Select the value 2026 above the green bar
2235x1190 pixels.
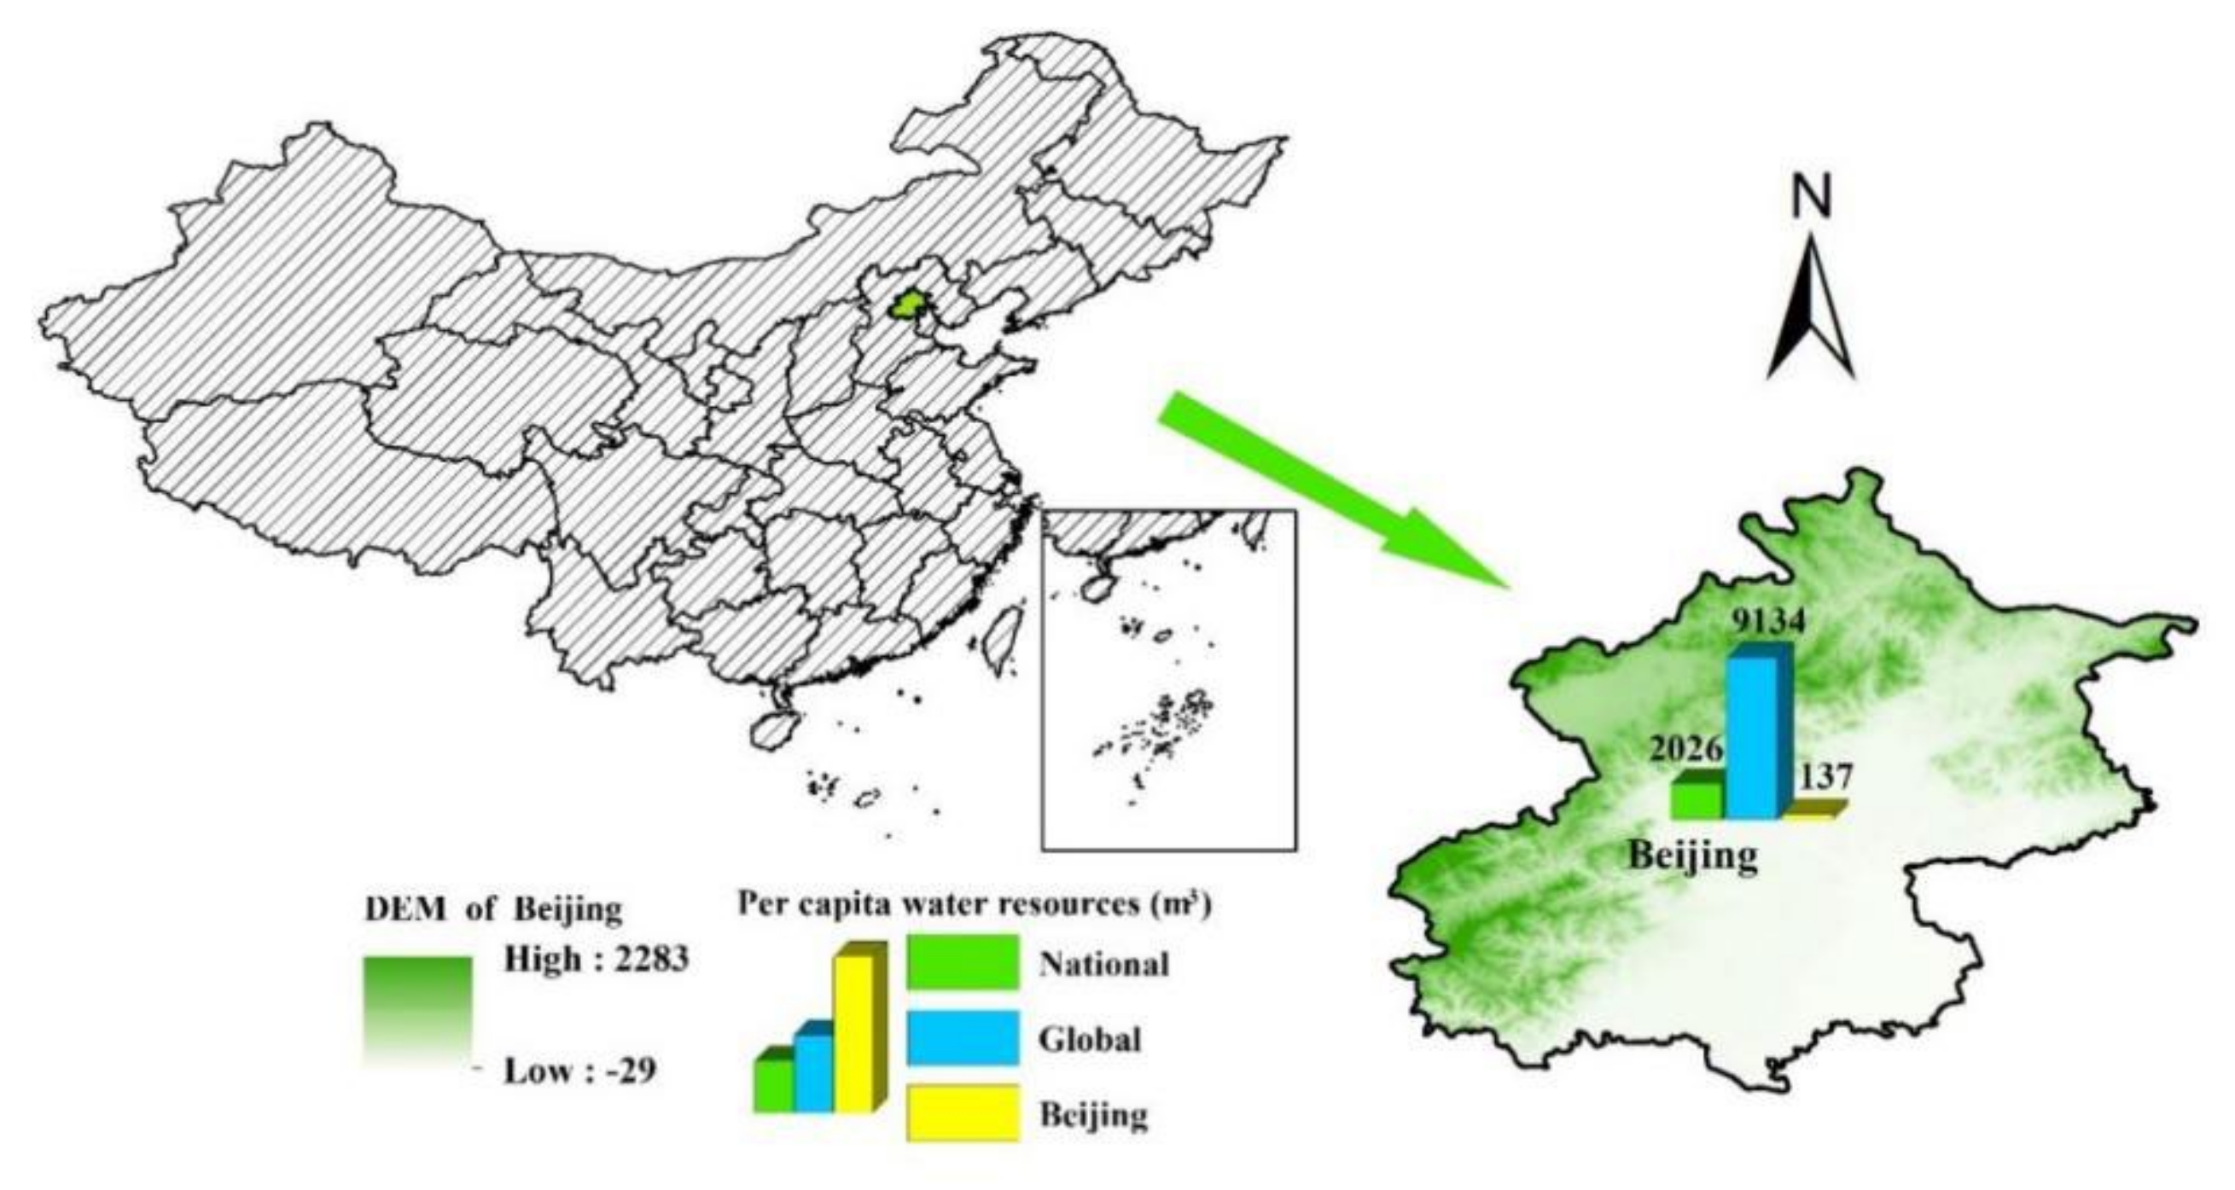(1685, 749)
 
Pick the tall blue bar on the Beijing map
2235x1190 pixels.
(1754, 737)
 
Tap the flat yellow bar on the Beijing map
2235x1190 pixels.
(1812, 810)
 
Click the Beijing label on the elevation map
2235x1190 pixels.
(1692, 856)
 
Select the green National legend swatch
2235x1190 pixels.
(963, 962)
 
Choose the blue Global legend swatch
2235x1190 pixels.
(963, 1037)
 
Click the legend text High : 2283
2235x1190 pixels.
(596, 960)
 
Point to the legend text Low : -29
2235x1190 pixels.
(579, 1071)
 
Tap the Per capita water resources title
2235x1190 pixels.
(974, 903)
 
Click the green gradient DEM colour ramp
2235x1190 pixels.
(418, 1020)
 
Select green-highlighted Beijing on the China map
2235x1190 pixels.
(907, 305)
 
